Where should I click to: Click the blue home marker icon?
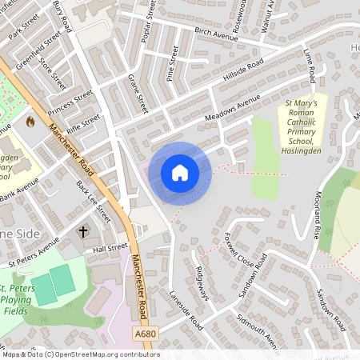(180, 173)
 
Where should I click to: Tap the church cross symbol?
(82, 232)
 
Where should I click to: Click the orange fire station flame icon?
(31, 122)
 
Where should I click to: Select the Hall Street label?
(110, 248)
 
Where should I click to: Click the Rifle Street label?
(83, 123)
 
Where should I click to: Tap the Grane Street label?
(138, 93)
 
